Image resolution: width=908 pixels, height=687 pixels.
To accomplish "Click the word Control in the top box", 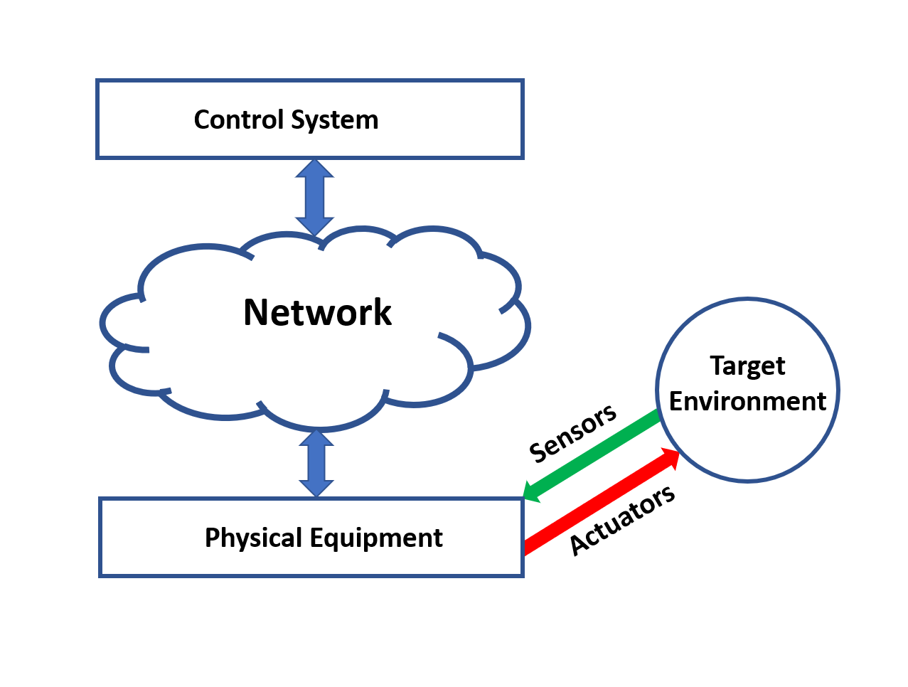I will pyautogui.click(x=233, y=119).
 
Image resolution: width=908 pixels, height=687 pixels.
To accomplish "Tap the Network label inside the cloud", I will pyautogui.click(x=317, y=312).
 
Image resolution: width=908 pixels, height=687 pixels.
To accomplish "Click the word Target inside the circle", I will pyautogui.click(x=747, y=366).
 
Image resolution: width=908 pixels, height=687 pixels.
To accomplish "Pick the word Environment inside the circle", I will pyautogui.click(x=747, y=401).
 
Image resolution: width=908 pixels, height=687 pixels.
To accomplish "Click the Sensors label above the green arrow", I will pyautogui.click(x=572, y=432).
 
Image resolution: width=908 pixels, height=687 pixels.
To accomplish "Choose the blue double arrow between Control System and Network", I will pyautogui.click(x=314, y=198).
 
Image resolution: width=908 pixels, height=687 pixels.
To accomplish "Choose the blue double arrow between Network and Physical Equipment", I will pyautogui.click(x=316, y=463).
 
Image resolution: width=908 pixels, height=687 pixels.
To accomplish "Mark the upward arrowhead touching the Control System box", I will pyautogui.click(x=314, y=169).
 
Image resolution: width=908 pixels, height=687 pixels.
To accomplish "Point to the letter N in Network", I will pyautogui.click(x=258, y=312).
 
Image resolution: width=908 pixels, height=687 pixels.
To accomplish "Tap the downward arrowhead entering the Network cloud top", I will pyautogui.click(x=314, y=225).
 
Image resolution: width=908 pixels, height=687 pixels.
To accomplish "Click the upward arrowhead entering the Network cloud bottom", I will pyautogui.click(x=316, y=437).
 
